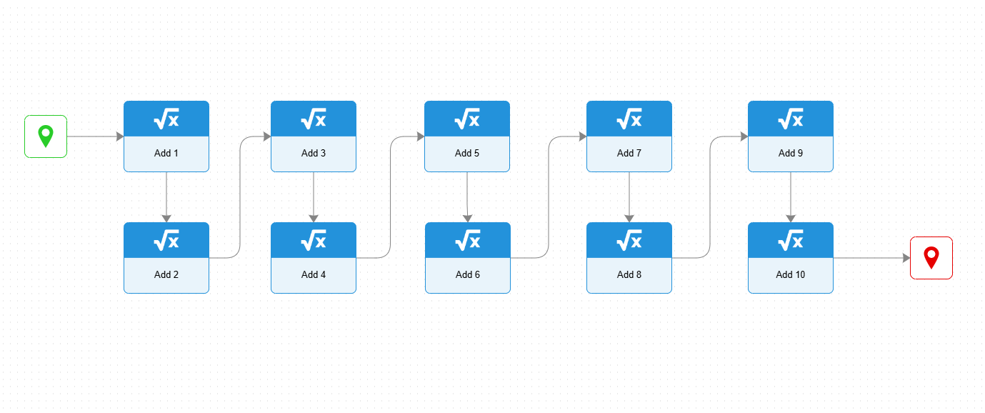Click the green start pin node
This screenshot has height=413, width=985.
[46, 136]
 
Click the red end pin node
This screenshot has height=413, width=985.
[931, 258]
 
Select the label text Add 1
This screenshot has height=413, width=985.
[166, 153]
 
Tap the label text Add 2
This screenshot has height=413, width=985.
[166, 274]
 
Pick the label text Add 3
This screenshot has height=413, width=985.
[314, 153]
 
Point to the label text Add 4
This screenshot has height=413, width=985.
[314, 274]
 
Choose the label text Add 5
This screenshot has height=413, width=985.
[467, 153]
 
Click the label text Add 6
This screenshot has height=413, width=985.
[468, 274]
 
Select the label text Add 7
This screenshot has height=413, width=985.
[629, 153]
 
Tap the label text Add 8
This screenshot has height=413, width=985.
[629, 274]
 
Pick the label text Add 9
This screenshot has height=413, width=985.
[791, 153]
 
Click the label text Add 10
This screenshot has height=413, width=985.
[791, 274]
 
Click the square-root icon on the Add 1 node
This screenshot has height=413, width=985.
[166, 119]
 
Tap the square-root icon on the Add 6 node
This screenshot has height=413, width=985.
[468, 240]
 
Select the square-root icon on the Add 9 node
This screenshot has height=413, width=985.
[791, 119]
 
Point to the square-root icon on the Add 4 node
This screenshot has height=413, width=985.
[314, 240]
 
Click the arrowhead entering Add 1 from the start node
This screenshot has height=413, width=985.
[120, 136]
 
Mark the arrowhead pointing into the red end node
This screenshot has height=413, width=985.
[906, 258]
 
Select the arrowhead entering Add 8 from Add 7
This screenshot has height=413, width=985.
[629, 219]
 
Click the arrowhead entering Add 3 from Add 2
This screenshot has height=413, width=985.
[267, 136]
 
